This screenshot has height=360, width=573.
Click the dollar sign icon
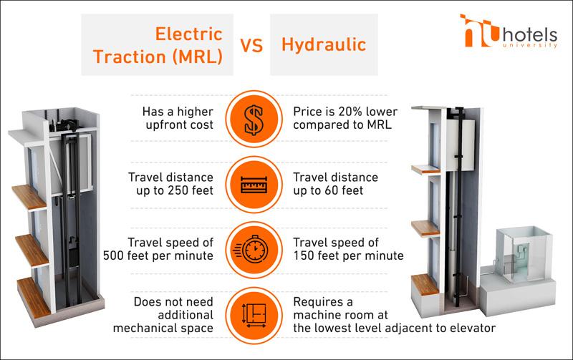coord(254,119)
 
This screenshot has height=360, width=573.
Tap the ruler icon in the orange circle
coord(254,185)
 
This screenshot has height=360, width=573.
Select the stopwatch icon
coord(251,249)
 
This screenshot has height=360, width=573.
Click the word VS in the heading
coord(251,46)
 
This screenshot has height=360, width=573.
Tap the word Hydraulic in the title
coord(324,44)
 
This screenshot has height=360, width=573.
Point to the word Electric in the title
coord(188,34)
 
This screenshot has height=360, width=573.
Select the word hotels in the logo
coord(530,35)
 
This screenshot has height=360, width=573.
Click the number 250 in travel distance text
coord(173,190)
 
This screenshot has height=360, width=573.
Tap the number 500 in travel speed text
coord(114,256)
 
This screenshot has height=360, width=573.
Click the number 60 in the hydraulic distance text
coord(333,190)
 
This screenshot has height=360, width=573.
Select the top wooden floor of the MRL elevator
coord(29,197)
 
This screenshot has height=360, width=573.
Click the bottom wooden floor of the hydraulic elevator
coord(425,284)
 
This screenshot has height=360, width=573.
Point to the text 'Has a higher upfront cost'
coord(178,118)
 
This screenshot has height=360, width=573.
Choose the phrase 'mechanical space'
coord(163,328)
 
